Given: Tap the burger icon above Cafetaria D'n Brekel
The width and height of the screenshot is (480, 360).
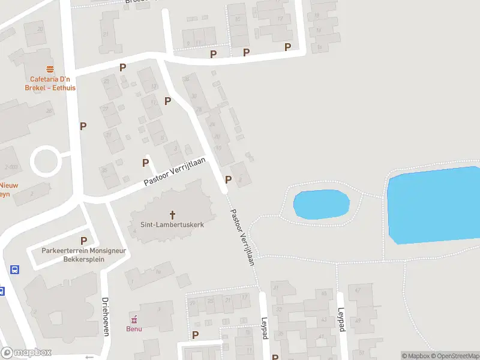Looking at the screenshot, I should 50,68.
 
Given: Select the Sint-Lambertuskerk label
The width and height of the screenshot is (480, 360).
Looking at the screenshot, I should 173,225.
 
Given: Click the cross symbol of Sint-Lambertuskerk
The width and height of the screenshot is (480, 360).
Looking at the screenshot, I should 173,214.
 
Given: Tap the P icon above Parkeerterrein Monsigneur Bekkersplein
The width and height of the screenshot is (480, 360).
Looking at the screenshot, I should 83,241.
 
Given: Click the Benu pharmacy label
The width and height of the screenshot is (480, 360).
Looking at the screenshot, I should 134,328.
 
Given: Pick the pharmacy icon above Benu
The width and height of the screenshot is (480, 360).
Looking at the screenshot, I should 134,319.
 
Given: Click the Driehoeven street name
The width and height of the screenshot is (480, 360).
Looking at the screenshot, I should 105,316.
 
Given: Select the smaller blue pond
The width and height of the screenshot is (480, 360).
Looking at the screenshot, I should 321,204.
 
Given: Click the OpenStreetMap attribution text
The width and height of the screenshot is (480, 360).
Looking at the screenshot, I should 454,356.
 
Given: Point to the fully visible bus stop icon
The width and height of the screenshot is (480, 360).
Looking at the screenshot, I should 14,270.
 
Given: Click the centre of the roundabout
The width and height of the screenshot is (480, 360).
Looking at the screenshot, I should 46,161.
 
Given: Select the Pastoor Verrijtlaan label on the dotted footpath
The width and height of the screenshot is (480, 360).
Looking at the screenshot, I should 243,237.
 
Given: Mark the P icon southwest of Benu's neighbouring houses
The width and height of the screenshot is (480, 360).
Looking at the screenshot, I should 195,335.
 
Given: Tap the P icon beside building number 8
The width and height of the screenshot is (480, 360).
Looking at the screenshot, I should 228,179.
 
